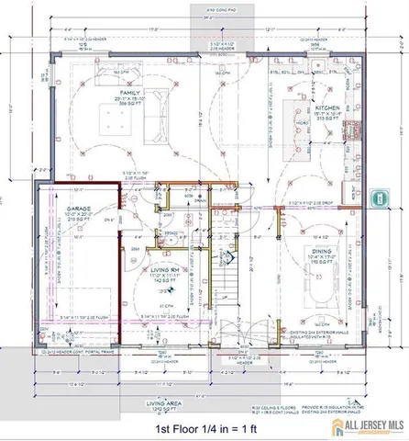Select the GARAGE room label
pyautogui.click(x=77, y=209)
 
